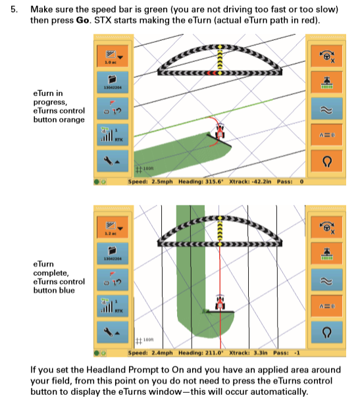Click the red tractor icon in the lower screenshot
222,303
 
